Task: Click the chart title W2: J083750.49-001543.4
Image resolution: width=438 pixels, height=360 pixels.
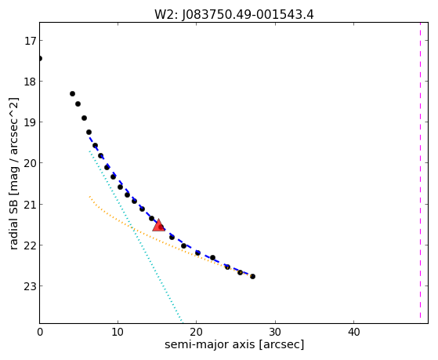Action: pyautogui.click(x=234, y=14)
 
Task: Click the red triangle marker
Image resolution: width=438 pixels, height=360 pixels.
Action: pyautogui.click(x=158, y=225)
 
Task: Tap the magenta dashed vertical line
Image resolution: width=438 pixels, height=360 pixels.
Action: pyautogui.click(x=420, y=170)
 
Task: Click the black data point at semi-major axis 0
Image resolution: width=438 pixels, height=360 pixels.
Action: pyautogui.click(x=40, y=58)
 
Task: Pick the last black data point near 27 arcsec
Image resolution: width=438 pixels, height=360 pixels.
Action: pyautogui.click(x=252, y=276)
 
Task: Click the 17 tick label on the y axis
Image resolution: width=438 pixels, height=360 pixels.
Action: pyautogui.click(x=30, y=41)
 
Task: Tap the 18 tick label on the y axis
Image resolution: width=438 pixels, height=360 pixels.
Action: pyautogui.click(x=30, y=82)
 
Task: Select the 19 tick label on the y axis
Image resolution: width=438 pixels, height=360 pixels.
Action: pyautogui.click(x=30, y=122)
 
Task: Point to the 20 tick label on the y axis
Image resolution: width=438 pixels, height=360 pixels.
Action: pyautogui.click(x=30, y=163)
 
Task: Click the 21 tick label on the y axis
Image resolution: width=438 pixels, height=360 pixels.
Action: pyautogui.click(x=30, y=205)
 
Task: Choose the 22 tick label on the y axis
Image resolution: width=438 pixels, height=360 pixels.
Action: pyautogui.click(x=30, y=245)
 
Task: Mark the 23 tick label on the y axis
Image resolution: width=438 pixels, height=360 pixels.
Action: pyautogui.click(x=30, y=286)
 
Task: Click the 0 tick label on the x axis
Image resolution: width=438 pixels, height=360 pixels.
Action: pyautogui.click(x=40, y=332)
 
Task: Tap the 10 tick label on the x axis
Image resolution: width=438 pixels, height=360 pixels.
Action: pyautogui.click(x=118, y=332)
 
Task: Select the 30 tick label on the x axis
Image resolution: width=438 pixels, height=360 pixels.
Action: pyautogui.click(x=275, y=332)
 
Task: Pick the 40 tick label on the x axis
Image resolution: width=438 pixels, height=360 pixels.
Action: pyautogui.click(x=353, y=332)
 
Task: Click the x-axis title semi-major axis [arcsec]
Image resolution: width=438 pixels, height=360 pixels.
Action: pyautogui.click(x=234, y=344)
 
